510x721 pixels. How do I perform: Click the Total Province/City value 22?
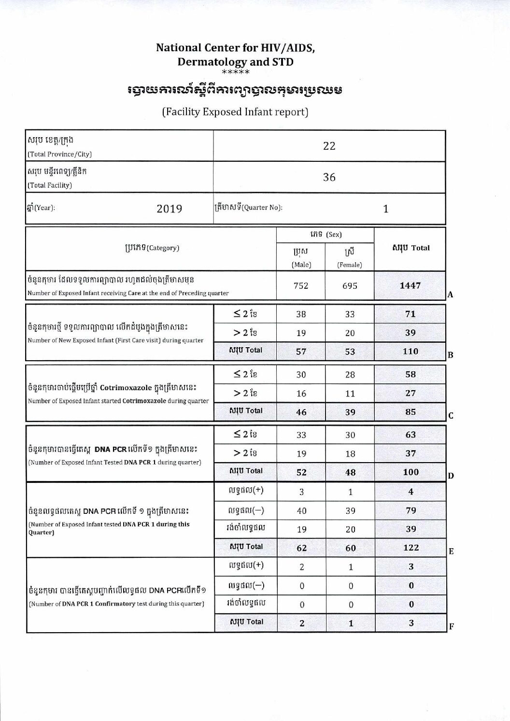pyautogui.click(x=329, y=146)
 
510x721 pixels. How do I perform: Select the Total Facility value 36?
pyautogui.click(x=329, y=177)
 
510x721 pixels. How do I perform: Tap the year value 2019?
pyautogui.click(x=170, y=209)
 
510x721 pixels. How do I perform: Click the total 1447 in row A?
pyautogui.click(x=410, y=285)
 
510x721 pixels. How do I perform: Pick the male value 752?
pyautogui.click(x=301, y=285)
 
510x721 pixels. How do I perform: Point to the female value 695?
pyautogui.click(x=350, y=286)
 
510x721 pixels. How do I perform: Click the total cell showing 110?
pyautogui.click(x=410, y=352)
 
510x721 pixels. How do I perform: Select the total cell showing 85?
pyautogui.click(x=410, y=412)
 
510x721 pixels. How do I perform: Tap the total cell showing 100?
pyautogui.click(x=411, y=472)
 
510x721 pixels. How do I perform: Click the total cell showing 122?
pyautogui.click(x=411, y=548)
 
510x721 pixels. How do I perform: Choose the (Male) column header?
pyautogui.click(x=301, y=264)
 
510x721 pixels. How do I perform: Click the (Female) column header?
pyautogui.click(x=350, y=265)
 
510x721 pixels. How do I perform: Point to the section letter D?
pyautogui.click(x=451, y=476)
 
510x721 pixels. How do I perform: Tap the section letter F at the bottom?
pyautogui.click(x=451, y=627)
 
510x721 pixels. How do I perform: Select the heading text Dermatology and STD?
pyautogui.click(x=235, y=62)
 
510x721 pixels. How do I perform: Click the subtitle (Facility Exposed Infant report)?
pyautogui.click(x=235, y=112)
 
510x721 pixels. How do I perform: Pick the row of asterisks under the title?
pyautogui.click(x=235, y=72)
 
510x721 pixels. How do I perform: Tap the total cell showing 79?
pyautogui.click(x=411, y=510)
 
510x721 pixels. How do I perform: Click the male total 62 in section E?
pyautogui.click(x=301, y=548)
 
